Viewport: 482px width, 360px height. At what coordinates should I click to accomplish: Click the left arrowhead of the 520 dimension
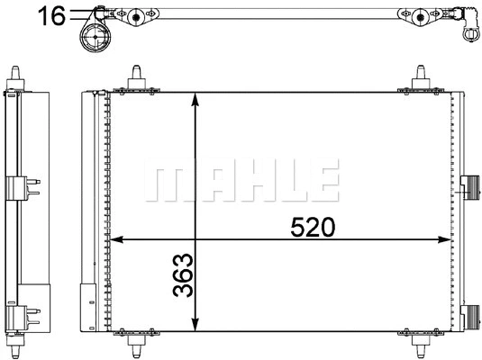coord(114,240)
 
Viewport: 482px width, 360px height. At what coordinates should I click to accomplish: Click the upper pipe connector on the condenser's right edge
coord(468,184)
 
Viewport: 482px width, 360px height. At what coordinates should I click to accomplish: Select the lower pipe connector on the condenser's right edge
coord(468,316)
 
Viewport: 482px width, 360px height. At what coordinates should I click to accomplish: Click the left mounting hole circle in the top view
coord(135,16)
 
